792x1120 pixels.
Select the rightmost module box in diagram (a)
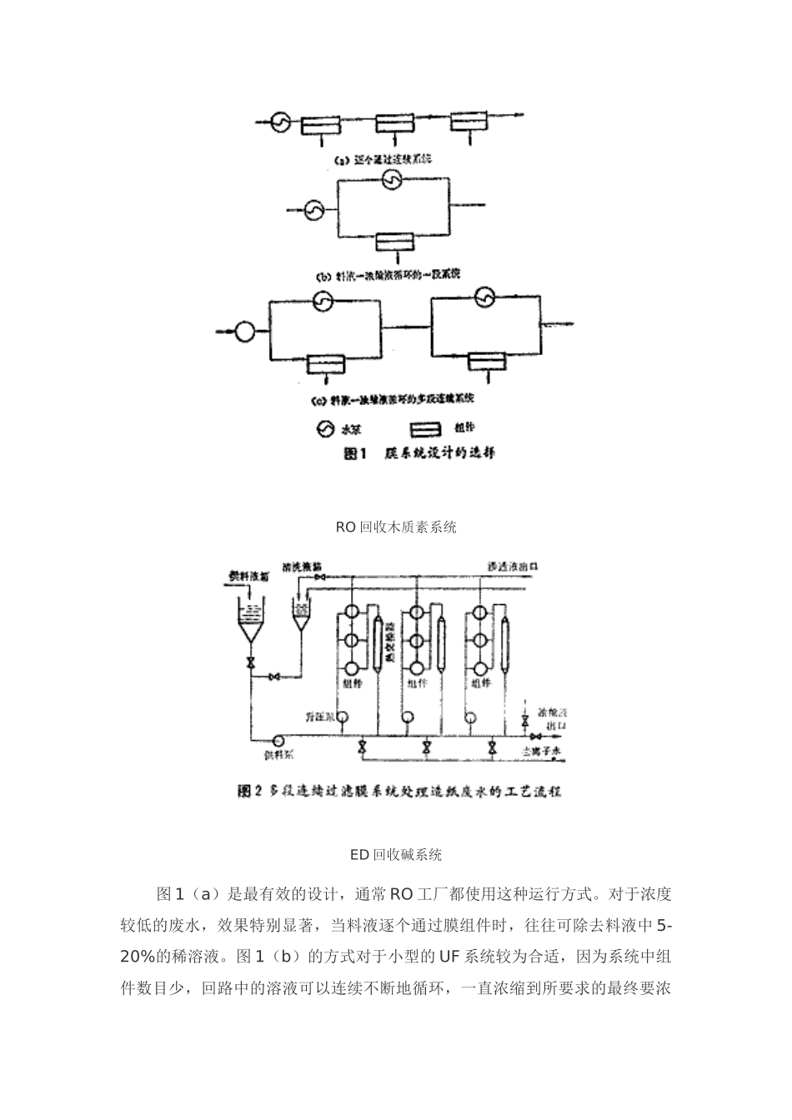pos(471,122)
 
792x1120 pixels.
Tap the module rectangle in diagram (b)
pos(393,242)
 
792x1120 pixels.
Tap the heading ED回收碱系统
pos(396,854)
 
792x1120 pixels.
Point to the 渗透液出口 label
pos(514,567)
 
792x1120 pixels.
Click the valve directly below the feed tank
pos(249,663)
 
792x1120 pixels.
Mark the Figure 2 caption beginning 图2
pos(399,791)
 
